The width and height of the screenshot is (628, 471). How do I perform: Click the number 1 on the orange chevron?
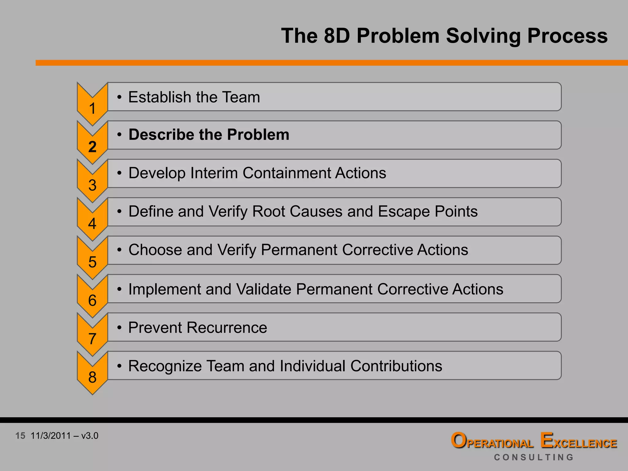coord(92,109)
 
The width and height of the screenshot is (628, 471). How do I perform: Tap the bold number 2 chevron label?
coord(92,147)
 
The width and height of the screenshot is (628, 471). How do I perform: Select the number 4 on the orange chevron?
coord(92,224)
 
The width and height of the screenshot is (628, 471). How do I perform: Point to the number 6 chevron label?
coord(92,301)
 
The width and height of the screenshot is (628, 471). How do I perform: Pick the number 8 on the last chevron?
coord(92,377)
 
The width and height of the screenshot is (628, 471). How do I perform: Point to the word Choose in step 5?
coord(155,250)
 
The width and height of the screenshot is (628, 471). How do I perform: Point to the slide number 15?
coord(20,436)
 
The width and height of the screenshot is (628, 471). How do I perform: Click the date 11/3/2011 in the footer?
coord(51,436)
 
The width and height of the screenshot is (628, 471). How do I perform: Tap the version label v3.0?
coord(90,436)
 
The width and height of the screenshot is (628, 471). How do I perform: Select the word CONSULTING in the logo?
coord(534,457)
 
